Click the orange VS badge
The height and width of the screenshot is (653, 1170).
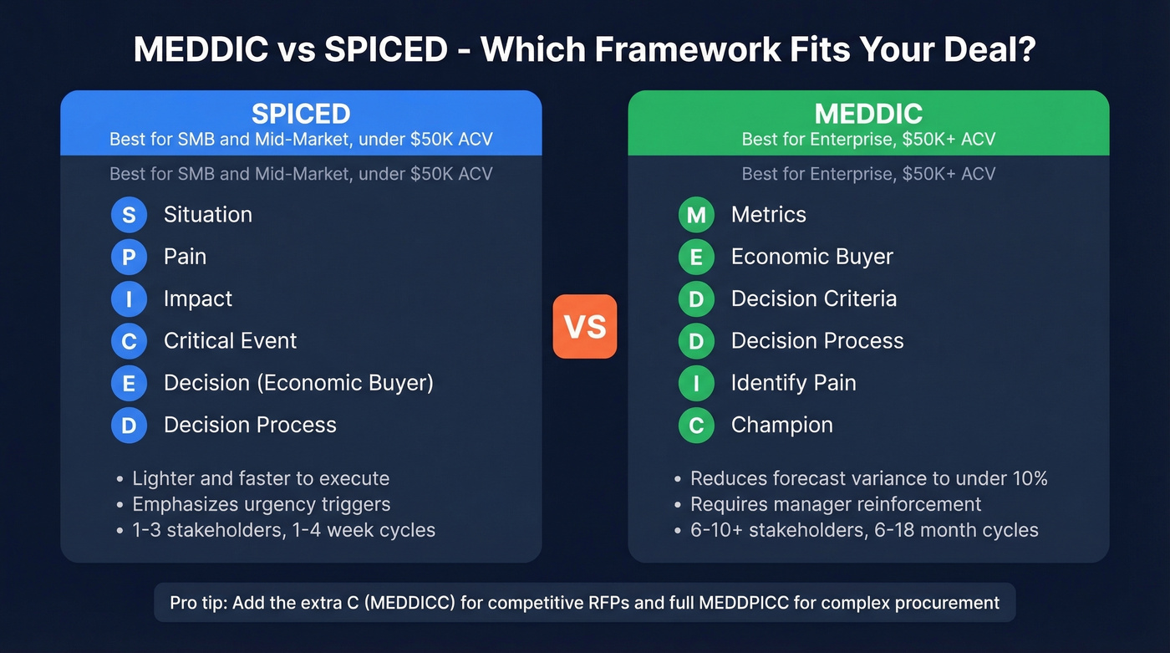click(585, 326)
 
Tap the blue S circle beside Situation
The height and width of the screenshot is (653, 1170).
click(129, 215)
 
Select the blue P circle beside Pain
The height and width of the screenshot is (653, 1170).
click(129, 257)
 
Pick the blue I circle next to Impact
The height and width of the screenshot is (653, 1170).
click(129, 298)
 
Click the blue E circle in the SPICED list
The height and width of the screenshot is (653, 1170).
click(129, 383)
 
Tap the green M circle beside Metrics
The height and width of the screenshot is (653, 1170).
click(696, 215)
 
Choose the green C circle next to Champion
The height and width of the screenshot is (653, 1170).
click(696, 426)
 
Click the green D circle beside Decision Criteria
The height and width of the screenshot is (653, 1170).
click(696, 298)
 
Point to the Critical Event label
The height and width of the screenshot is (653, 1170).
click(230, 340)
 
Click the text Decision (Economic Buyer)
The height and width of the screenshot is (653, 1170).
click(298, 383)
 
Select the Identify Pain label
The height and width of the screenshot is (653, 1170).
click(793, 383)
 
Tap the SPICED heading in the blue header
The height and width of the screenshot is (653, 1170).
click(301, 114)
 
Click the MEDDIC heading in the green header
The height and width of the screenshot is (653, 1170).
click(868, 114)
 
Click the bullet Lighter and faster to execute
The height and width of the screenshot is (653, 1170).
click(261, 478)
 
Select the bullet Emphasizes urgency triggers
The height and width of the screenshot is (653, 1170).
click(261, 504)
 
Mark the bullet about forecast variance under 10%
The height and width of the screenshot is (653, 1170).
click(868, 478)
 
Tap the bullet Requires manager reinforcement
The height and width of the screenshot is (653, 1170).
click(836, 504)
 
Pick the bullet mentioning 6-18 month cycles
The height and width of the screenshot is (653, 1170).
click(864, 530)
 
